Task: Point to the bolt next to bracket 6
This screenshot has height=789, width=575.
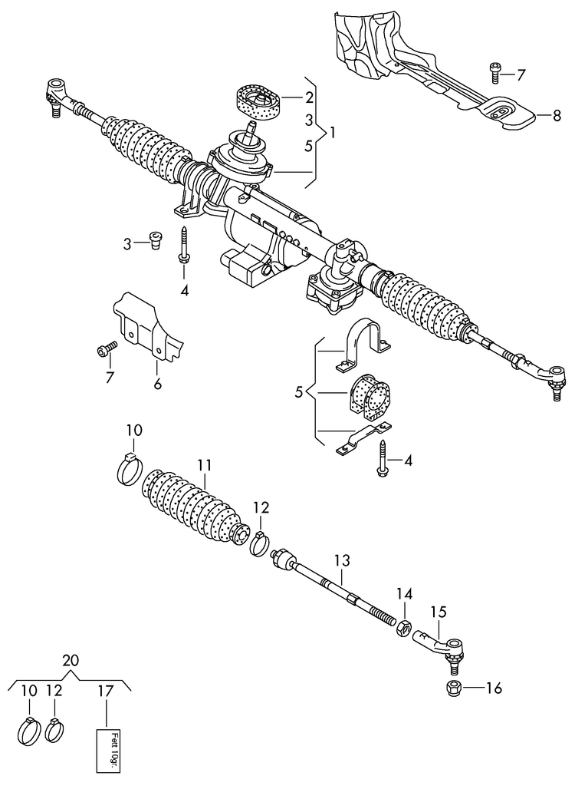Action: pyautogui.click(x=106, y=350)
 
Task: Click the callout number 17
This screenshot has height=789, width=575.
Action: pyautogui.click(x=105, y=691)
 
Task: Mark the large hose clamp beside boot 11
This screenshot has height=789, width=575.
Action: pyautogui.click(x=130, y=467)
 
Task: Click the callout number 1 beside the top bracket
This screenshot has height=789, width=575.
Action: pyautogui.click(x=333, y=132)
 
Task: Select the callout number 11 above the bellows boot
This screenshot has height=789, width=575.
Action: pyautogui.click(x=203, y=465)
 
